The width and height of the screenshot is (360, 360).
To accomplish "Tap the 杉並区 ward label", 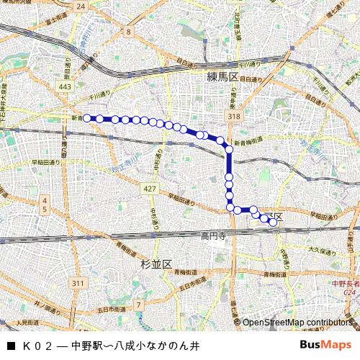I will pyautogui.click(x=157, y=264).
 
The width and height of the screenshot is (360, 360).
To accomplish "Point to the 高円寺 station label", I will pyautogui.click(x=214, y=235).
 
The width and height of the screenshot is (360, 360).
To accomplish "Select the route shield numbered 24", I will pyautogui.click(x=80, y=6).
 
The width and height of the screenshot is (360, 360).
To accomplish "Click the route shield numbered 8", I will pyautogui.click(x=128, y=32).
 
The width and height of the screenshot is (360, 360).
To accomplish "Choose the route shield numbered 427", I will pyautogui.click(x=149, y=189).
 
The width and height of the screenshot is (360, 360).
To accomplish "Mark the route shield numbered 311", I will pyautogui.click(x=78, y=284).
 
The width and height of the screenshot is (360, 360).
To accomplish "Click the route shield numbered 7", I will pyautogui.click(x=138, y=305).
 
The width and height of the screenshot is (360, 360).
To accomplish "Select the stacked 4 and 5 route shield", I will pyautogui.click(x=44, y=204).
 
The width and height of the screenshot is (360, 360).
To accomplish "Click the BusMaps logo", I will pyautogui.click(x=326, y=345).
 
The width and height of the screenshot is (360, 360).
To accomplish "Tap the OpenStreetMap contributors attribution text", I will pyautogui.click(x=295, y=323).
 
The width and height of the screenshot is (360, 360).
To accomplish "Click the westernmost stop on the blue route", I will pyautogui.click(x=87, y=118).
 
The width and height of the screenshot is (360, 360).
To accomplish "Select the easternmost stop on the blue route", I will pyautogui.click(x=273, y=222).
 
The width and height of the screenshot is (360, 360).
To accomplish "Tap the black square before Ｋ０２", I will pyautogui.click(x=10, y=346).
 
